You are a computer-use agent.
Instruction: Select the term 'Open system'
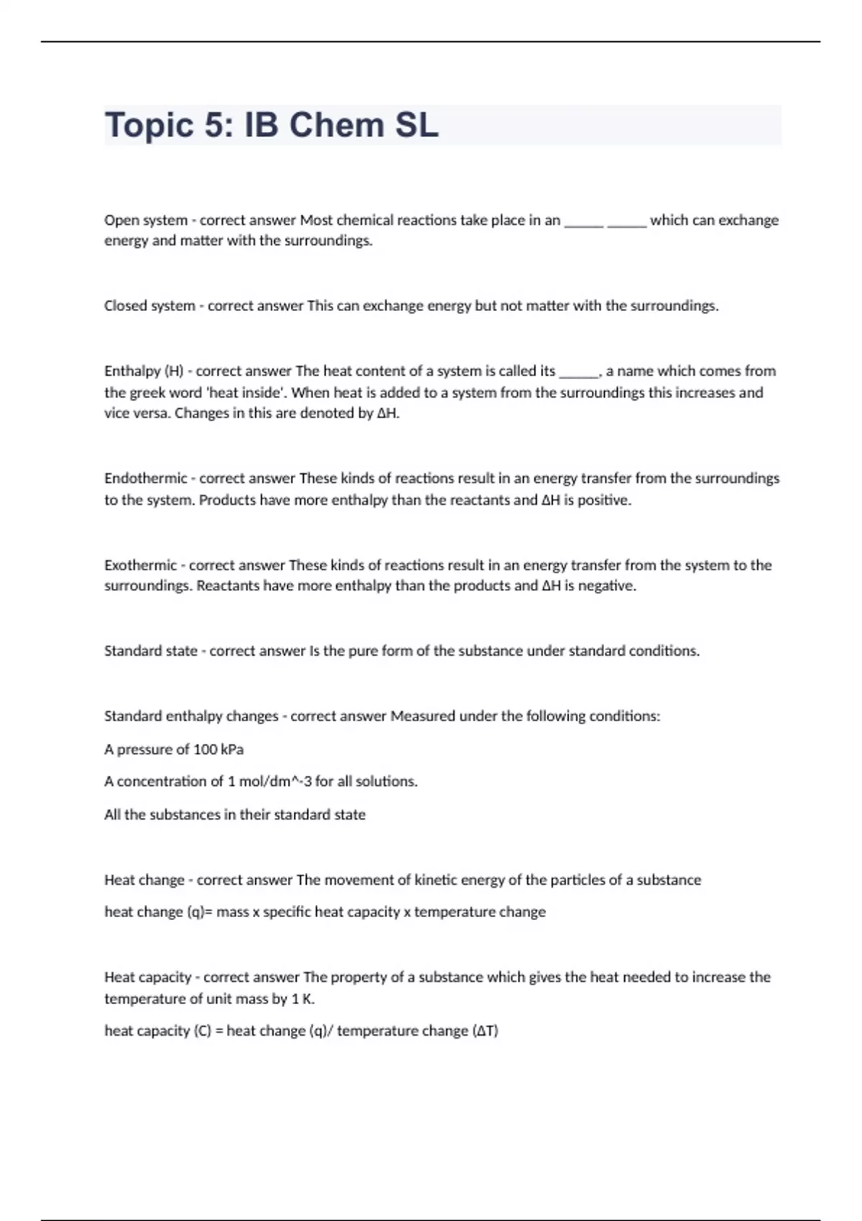point(146,220)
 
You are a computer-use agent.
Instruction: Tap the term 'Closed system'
point(149,306)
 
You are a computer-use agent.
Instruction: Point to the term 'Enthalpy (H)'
point(144,371)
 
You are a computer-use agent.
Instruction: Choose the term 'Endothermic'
point(146,478)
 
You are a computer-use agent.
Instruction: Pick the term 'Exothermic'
point(141,565)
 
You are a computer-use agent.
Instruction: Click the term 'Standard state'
point(151,651)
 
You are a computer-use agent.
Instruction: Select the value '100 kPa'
point(218,750)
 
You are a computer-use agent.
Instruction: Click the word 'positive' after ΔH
point(603,500)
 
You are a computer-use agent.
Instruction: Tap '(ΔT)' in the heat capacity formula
point(485,1031)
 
